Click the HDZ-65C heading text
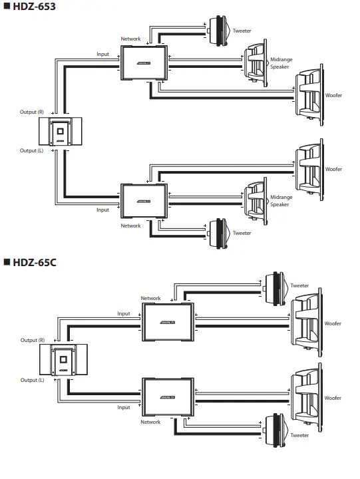(34, 262)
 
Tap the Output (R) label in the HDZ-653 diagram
(32, 112)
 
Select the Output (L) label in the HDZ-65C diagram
(32, 380)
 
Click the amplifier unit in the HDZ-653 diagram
(61, 132)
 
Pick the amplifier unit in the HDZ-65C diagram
(61, 361)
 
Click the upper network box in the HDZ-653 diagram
(144, 63)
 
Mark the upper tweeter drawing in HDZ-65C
(275, 286)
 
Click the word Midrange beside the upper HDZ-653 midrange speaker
(281, 60)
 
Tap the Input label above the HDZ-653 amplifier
(102, 54)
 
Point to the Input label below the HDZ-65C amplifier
(124, 407)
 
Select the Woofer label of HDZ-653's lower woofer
(333, 169)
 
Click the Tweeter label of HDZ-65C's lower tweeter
(299, 434)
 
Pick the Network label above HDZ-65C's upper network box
(150, 299)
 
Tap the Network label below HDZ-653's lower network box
(130, 226)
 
